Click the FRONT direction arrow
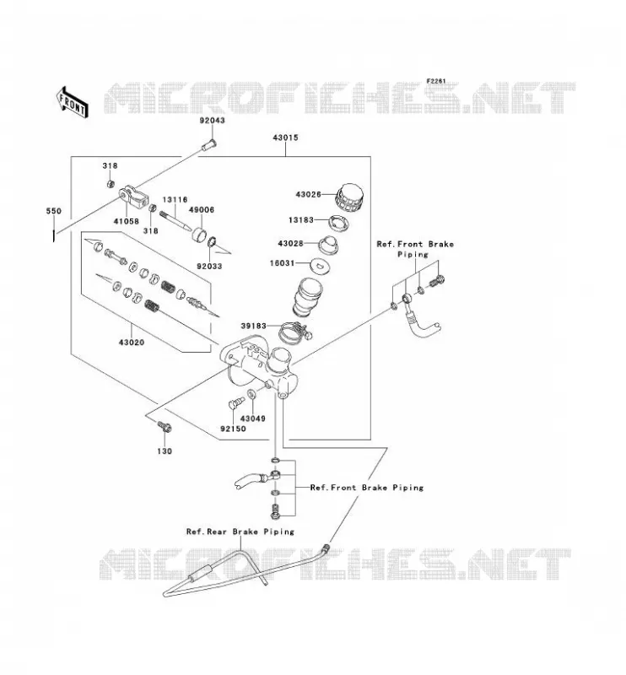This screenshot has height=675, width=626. (73, 102)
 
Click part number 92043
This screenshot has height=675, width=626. (213, 121)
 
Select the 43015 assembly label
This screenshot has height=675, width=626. (285, 138)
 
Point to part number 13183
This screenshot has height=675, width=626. (301, 220)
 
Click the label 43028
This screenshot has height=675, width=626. (290, 243)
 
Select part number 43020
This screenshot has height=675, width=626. (132, 343)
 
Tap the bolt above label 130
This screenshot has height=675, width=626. (165, 426)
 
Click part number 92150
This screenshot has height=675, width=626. (234, 429)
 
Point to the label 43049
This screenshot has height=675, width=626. (253, 418)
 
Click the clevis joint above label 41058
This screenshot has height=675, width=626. (133, 197)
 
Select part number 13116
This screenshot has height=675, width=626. (175, 200)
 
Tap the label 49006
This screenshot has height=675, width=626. (202, 209)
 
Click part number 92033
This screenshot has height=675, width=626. (210, 267)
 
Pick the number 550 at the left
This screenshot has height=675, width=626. (54, 211)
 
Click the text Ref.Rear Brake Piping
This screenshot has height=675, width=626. (240, 532)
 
